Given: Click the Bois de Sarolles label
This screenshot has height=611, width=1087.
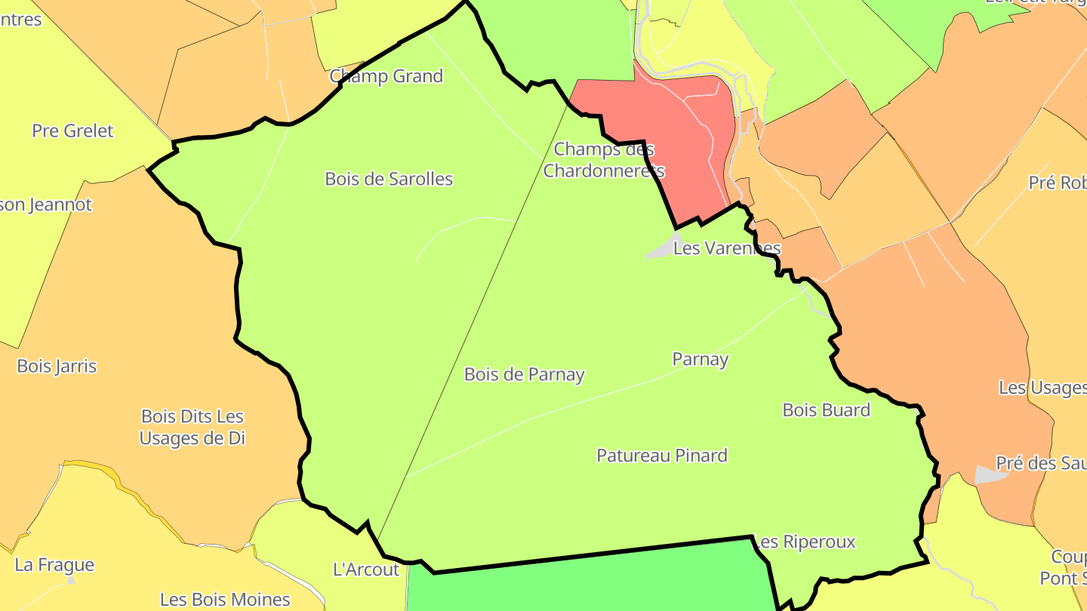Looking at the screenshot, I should pyautogui.click(x=389, y=179).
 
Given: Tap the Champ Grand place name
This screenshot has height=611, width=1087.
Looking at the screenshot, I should pyautogui.click(x=386, y=76).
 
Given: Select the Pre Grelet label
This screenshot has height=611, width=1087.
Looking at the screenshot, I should pyautogui.click(x=72, y=130).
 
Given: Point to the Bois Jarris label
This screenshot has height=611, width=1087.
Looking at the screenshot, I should pyautogui.click(x=57, y=366).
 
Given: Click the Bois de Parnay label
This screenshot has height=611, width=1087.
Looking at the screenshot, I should pyautogui.click(x=524, y=374).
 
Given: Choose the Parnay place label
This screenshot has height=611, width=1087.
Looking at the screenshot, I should pyautogui.click(x=701, y=359).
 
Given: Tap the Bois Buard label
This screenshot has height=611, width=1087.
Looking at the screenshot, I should pyautogui.click(x=826, y=410).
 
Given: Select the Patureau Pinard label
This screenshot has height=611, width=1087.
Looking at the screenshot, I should pyautogui.click(x=662, y=456).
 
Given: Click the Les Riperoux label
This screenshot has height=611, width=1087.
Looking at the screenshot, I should pyautogui.click(x=805, y=542).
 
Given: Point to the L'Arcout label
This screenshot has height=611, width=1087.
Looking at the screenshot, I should pyautogui.click(x=366, y=570).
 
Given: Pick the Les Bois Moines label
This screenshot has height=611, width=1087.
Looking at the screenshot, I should pyautogui.click(x=225, y=600).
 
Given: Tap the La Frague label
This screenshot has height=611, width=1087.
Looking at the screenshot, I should pyautogui.click(x=54, y=565).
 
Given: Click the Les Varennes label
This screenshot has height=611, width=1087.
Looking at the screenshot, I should pyautogui.click(x=726, y=247).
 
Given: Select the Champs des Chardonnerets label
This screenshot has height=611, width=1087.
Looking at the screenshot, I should pyautogui.click(x=604, y=160).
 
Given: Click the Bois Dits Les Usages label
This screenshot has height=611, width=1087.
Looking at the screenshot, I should pyautogui.click(x=192, y=427).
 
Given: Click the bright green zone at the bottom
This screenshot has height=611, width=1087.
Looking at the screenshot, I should pyautogui.click(x=589, y=581).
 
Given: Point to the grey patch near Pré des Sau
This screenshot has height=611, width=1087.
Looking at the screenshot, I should pyautogui.click(x=990, y=474).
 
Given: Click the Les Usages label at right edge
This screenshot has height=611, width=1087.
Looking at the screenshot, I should pyautogui.click(x=1042, y=388).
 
